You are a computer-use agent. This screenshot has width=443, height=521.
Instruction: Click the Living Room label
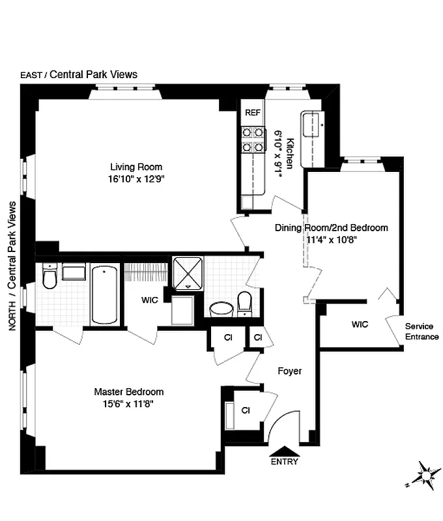coord(136,167)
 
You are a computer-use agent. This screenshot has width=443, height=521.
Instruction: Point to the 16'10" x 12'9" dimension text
coord(136,179)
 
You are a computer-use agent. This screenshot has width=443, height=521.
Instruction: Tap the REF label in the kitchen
coord(253,113)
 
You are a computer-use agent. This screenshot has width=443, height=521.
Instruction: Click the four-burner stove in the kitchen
coord(253,139)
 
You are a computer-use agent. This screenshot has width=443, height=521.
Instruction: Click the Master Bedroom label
coord(128,392)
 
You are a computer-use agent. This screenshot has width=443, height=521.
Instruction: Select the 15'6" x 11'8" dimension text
coord(128,404)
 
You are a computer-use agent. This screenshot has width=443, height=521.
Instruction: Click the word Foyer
coord(290,371)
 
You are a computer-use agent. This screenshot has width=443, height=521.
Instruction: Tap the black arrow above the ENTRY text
coord(284,450)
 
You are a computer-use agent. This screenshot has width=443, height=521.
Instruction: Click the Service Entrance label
coord(422,331)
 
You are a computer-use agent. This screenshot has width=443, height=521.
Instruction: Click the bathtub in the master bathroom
coord(106,294)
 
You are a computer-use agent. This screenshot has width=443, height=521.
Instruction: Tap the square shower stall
coord(188,274)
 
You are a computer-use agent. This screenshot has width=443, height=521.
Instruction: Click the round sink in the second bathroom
coord(223,309)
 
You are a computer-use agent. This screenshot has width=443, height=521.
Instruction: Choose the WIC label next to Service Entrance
coord(360,324)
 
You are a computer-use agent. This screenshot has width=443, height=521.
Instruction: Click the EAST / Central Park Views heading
coord(79,74)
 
